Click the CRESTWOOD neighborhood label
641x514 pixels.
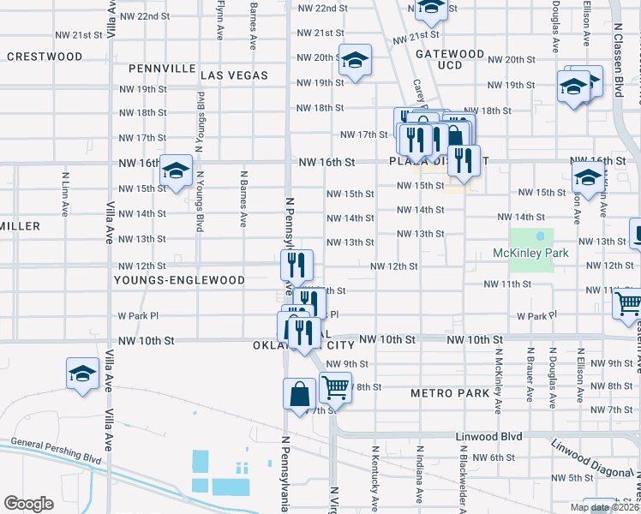(45, 57)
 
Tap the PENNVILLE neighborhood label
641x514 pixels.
(161, 68)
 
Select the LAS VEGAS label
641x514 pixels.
(234, 75)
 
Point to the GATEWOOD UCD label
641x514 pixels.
(450, 59)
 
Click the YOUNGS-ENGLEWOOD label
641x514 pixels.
(179, 280)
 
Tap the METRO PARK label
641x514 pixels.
(450, 393)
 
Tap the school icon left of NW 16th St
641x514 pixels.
(176, 171)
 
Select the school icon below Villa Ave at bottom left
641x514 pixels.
(83, 374)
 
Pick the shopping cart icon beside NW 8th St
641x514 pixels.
(335, 387)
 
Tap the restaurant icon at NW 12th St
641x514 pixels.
(297, 264)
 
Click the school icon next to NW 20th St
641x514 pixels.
(355, 60)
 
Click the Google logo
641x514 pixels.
(28, 504)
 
